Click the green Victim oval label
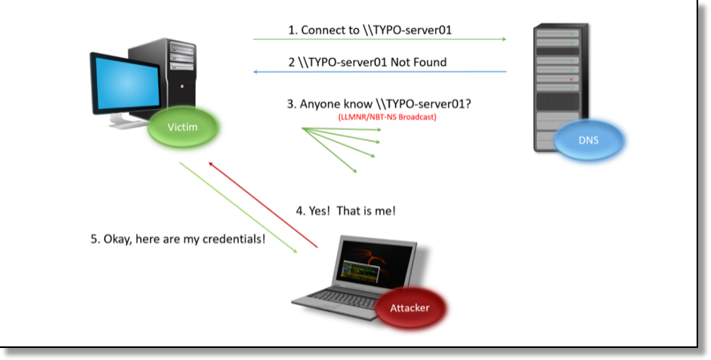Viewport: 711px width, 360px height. (182, 128)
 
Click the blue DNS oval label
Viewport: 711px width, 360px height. (588, 140)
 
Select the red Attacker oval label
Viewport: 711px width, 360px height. (410, 308)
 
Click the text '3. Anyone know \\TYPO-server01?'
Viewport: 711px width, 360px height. (378, 103)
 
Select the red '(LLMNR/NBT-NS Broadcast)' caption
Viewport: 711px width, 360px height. (386, 118)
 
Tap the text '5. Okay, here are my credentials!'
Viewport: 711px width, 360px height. (177, 239)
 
